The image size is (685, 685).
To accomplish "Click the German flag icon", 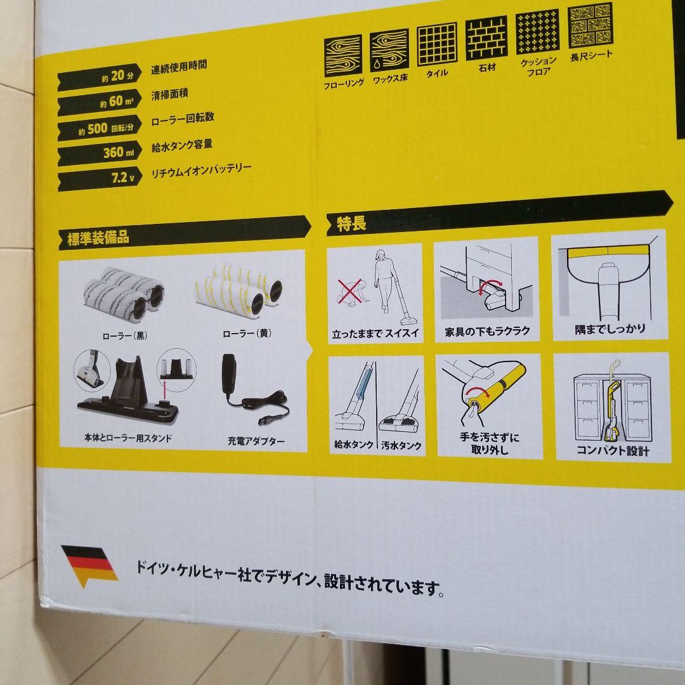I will [89, 564].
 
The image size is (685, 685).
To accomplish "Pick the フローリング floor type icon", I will [343, 55].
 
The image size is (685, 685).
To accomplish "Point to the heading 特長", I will [351, 224].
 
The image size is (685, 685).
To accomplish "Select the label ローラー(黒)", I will [124, 335].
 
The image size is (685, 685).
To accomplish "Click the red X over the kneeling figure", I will [349, 294].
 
